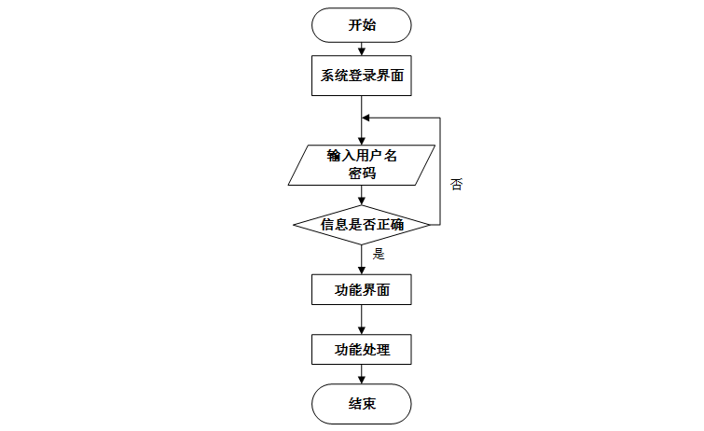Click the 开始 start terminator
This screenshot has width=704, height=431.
pyautogui.click(x=362, y=25)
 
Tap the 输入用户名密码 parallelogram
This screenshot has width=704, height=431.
pyautogui.click(x=362, y=164)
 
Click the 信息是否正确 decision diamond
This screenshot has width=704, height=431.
pyautogui.click(x=362, y=225)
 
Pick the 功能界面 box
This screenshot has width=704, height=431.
pyautogui.click(x=362, y=290)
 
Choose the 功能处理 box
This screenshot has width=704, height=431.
pyautogui.click(x=362, y=351)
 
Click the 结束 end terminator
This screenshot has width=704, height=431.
pyautogui.click(x=362, y=403)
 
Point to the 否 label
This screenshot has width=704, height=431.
pyautogui.click(x=456, y=184)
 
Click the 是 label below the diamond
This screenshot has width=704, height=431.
pyautogui.click(x=378, y=253)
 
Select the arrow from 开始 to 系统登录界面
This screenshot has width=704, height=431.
pyautogui.click(x=362, y=49)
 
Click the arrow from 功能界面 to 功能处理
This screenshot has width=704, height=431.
pyautogui.click(x=362, y=320)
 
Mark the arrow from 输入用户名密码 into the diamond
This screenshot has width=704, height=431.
pyautogui.click(x=362, y=195)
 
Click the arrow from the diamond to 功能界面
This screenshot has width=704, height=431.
pyautogui.click(x=362, y=259)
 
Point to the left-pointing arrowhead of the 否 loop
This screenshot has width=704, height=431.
pyautogui.click(x=367, y=118)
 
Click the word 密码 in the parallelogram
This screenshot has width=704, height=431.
pyautogui.click(x=362, y=173)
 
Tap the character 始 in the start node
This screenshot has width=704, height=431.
pyautogui.click(x=369, y=25)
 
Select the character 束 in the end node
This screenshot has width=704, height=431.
pyautogui.click(x=369, y=403)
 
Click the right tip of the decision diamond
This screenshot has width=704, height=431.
pyautogui.click(x=429, y=225)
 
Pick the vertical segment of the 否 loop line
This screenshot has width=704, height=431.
pyautogui.click(x=440, y=173)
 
